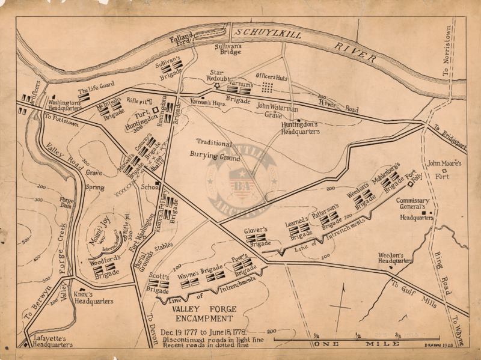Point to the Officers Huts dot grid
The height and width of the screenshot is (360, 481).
coord(268,88)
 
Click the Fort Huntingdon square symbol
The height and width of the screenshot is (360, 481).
coord(155,111)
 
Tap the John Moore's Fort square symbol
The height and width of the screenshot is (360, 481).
coord(445,170)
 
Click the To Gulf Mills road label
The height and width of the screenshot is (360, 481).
coord(414,293)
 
